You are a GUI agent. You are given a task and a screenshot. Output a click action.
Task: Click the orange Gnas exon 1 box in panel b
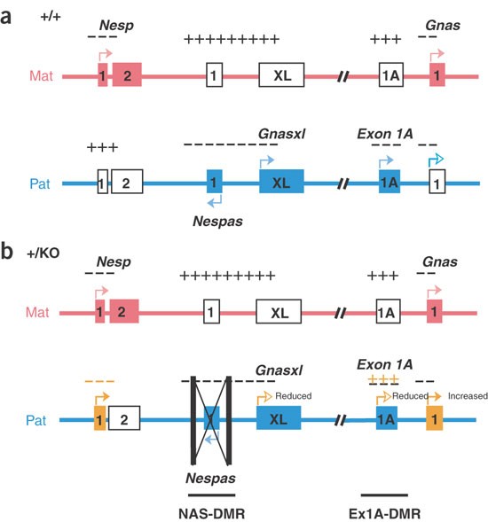(x=433, y=417)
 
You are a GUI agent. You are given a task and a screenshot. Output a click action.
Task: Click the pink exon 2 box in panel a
(x=127, y=75)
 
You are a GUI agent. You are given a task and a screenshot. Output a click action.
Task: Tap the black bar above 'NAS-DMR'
(x=211, y=494)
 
